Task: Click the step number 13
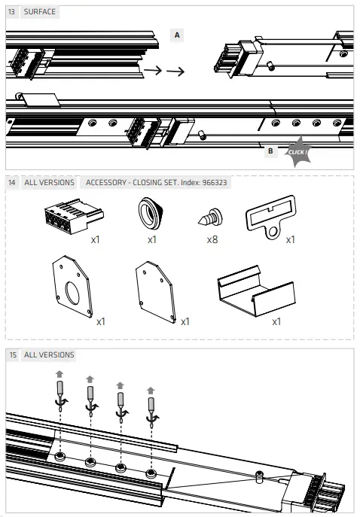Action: (x=11, y=12)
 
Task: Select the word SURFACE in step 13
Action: (x=40, y=12)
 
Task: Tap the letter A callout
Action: (x=177, y=35)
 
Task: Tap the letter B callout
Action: (x=270, y=151)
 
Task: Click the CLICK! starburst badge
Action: (x=298, y=152)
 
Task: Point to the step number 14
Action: (x=11, y=182)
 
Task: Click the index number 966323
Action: (x=215, y=182)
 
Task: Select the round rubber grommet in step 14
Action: (x=151, y=213)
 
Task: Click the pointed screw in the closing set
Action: (x=211, y=217)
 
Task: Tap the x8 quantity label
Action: (x=212, y=239)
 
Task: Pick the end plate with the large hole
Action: (x=72, y=286)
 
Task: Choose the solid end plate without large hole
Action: (x=155, y=291)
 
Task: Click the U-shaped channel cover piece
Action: (x=256, y=290)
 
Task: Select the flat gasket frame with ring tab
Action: (x=271, y=217)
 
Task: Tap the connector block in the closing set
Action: (x=74, y=216)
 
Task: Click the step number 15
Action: (x=13, y=354)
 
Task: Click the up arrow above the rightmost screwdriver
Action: (x=151, y=391)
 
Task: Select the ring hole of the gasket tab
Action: (x=273, y=232)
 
